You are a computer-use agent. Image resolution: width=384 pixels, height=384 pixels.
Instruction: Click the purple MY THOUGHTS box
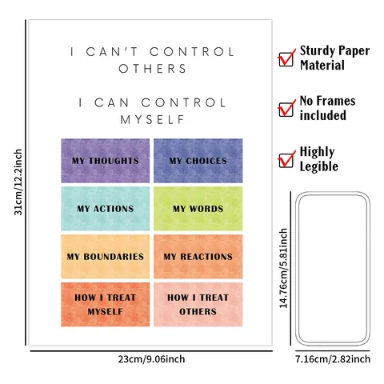[x=106, y=161]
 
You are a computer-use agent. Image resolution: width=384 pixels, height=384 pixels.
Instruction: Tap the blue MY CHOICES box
[x=198, y=161]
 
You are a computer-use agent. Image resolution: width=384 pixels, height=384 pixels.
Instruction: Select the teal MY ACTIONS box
[x=106, y=209]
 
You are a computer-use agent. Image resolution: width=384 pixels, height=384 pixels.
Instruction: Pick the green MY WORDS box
[x=198, y=209]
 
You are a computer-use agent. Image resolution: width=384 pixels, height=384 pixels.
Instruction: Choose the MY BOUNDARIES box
[x=106, y=257]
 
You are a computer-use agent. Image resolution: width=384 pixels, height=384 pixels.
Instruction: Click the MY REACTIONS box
[x=198, y=257]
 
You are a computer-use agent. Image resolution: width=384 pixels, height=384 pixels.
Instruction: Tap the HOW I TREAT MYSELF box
[x=106, y=305]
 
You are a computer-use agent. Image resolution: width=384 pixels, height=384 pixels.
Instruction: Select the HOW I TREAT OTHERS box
[x=198, y=305]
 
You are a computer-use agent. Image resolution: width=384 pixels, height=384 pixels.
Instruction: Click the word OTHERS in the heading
[x=152, y=69]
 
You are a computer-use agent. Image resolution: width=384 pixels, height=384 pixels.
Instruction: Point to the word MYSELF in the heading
[x=152, y=120]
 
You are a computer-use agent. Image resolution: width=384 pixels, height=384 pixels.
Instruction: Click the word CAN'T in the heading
[x=112, y=52]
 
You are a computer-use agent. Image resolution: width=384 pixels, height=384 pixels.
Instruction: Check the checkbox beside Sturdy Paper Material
[x=286, y=58]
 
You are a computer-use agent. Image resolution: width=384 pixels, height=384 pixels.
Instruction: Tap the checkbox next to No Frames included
[x=286, y=109]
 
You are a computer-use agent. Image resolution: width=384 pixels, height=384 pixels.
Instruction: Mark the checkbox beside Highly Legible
[x=286, y=159]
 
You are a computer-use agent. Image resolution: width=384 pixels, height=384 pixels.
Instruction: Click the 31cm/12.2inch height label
[x=18, y=182]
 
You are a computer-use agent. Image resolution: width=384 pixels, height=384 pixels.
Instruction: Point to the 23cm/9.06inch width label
[x=151, y=359]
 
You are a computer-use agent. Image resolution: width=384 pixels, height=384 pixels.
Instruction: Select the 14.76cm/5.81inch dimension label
[x=283, y=268]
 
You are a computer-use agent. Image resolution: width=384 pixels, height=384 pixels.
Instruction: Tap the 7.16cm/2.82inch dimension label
[x=333, y=359]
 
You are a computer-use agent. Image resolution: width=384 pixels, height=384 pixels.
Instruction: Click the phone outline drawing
[x=297, y=269]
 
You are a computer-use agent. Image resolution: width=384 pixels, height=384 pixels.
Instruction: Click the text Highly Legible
[x=319, y=159]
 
